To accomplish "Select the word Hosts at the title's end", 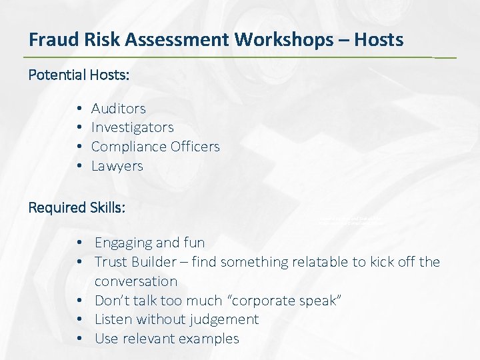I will [378, 40].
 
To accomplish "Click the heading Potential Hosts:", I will [79, 75].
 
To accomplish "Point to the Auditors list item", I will [118, 108].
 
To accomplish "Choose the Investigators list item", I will [132, 127].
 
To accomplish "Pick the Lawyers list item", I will [117, 166].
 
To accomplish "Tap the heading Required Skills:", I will [77, 207].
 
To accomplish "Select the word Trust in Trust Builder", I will [110, 262].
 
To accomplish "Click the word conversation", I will [136, 281].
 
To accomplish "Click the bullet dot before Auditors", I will [79, 109].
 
